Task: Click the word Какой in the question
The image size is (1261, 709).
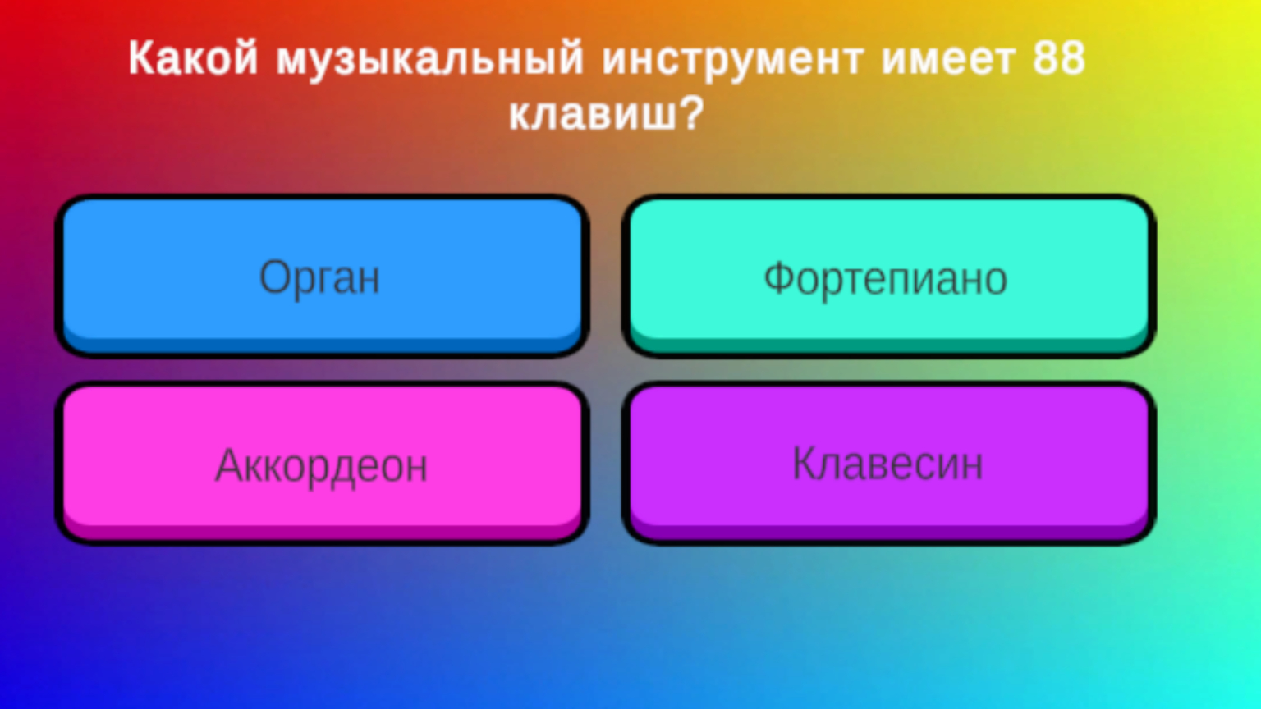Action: (193, 59)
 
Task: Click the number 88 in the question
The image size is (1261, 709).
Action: (1059, 59)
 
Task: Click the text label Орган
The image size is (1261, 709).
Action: (320, 278)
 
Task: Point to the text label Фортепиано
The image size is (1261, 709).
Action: (885, 279)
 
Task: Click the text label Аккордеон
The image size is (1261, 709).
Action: (321, 466)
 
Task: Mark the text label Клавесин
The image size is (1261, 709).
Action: (887, 464)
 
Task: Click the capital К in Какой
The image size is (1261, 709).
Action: (142, 59)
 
